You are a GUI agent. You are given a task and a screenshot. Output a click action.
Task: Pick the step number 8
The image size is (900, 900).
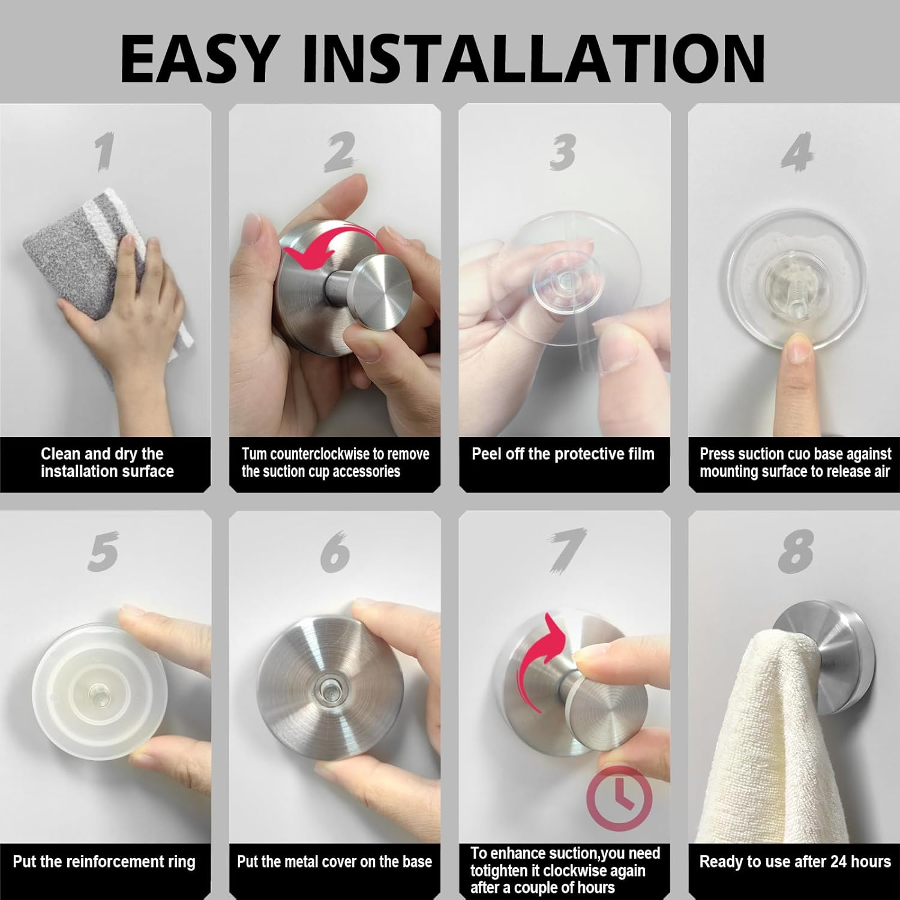click(x=796, y=551)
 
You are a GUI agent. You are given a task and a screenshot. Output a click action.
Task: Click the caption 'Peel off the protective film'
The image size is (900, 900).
click(x=563, y=454)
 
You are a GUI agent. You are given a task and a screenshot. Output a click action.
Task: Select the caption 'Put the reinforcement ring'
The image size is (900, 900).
click(x=104, y=862)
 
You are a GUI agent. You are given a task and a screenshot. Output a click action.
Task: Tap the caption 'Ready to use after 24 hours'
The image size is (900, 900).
click(x=795, y=862)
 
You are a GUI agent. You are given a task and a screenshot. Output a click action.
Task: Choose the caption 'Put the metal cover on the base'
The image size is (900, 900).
click(x=334, y=862)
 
